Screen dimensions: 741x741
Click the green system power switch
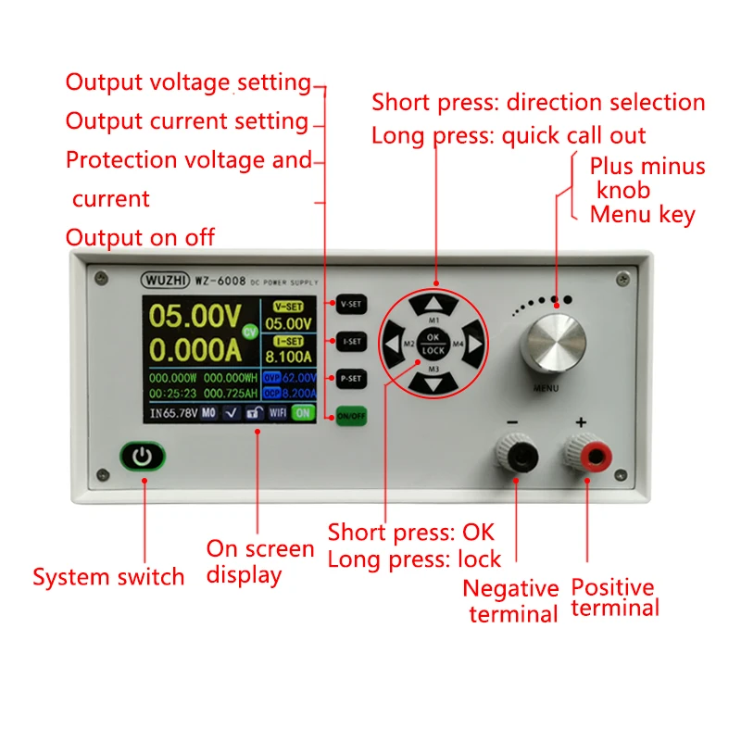tap(142, 458)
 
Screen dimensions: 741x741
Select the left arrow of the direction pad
tap(393, 344)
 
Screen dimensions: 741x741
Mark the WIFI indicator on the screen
tap(279, 413)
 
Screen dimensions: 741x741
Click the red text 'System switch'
tap(108, 577)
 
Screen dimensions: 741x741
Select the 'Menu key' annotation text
tap(643, 215)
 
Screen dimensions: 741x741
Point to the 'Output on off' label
tap(140, 237)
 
